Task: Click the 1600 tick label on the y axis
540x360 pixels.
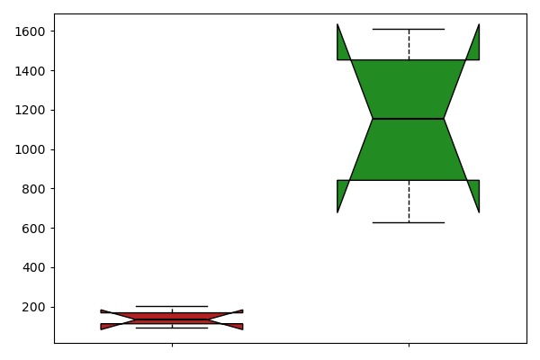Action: coord(30,31)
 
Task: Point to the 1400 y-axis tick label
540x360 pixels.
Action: coord(30,71)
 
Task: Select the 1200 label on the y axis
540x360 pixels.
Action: coord(30,110)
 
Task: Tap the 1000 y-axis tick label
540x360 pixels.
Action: coord(30,149)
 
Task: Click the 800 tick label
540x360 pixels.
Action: coord(33,189)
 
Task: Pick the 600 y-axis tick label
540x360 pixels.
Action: coord(33,229)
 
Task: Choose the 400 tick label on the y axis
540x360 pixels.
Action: coord(33,267)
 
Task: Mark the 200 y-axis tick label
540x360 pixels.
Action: coord(33,307)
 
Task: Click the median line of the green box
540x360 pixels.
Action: coord(408,119)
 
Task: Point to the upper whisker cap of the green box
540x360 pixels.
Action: coord(409,30)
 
